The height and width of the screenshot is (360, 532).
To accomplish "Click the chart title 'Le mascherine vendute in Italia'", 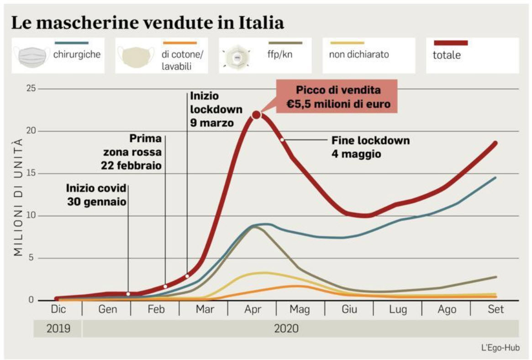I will coord(147,22).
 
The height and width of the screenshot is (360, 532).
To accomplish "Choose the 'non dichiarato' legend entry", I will coord(359,54).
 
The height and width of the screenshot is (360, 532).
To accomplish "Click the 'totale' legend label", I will coord(447,56).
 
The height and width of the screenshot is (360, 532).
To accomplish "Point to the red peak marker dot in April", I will coord(256,115).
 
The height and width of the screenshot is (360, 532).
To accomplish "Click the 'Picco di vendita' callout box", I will coord(338,97).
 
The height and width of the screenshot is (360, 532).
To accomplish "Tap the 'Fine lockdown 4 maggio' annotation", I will coord(370,147).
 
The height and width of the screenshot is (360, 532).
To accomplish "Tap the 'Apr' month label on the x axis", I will coord(253,309).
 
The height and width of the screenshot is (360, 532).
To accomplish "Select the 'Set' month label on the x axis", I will coord(495,309).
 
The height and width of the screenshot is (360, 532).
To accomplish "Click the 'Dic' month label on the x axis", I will coord(58,309).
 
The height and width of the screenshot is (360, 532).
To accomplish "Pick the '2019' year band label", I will coord(58,328).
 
